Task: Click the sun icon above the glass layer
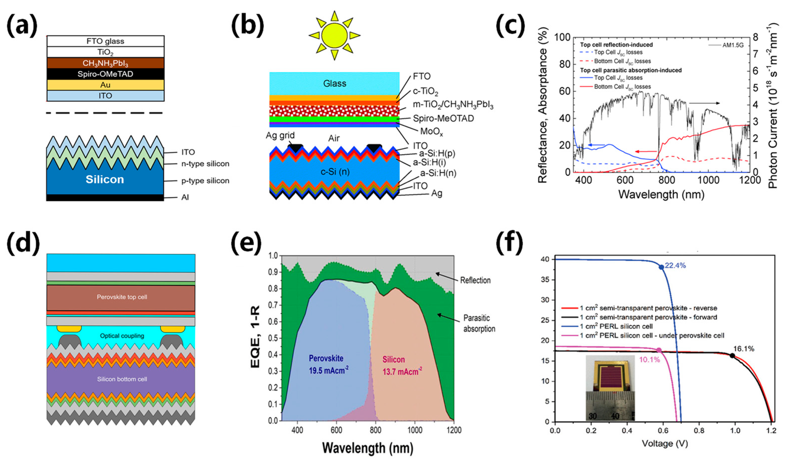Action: click(x=334, y=35)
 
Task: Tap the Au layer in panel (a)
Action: click(x=105, y=85)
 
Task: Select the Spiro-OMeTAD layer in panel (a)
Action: click(x=105, y=74)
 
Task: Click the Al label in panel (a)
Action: click(x=185, y=197)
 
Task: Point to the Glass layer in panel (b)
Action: click(x=334, y=84)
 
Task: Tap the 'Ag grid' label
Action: click(x=280, y=135)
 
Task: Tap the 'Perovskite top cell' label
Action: click(x=122, y=297)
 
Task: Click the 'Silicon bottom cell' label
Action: click(x=122, y=379)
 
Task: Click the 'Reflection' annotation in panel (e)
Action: click(x=475, y=280)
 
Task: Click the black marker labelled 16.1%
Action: click(x=732, y=356)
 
